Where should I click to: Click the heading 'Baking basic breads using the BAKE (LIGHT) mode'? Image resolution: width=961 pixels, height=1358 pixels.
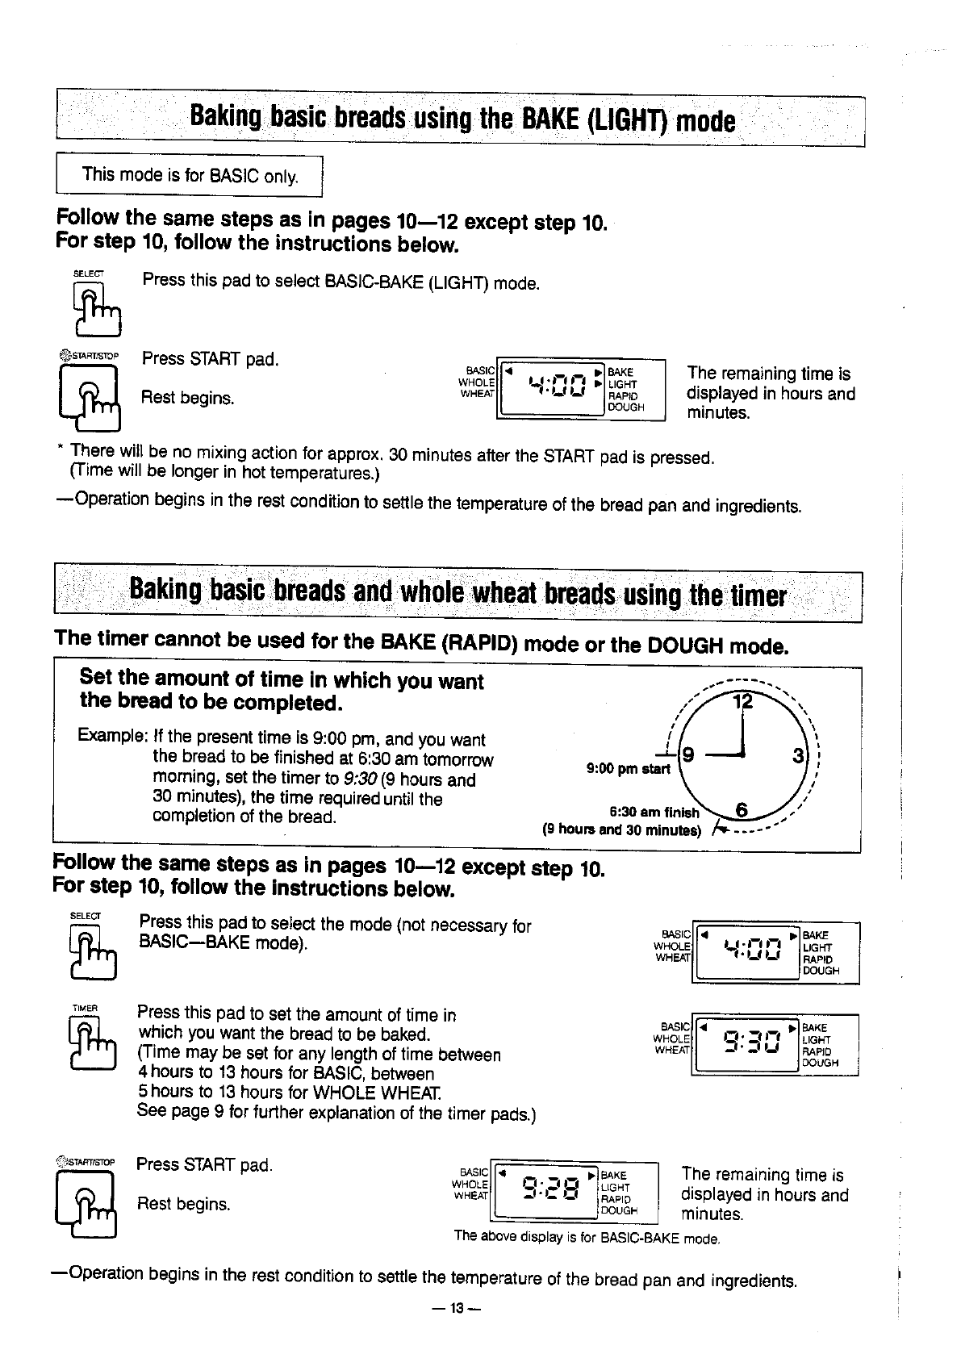tap(462, 121)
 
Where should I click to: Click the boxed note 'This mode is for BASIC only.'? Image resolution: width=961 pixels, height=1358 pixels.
tap(190, 175)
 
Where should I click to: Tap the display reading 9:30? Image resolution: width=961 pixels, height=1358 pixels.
tap(750, 1043)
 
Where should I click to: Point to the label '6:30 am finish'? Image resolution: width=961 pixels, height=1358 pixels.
tap(654, 813)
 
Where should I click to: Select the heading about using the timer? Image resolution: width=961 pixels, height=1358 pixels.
tap(458, 595)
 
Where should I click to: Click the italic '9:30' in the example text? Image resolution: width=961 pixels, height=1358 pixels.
tap(361, 780)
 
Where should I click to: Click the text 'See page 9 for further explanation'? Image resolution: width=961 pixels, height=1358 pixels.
tap(336, 1112)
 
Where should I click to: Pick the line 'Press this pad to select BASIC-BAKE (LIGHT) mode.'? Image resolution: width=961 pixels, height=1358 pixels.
tap(341, 282)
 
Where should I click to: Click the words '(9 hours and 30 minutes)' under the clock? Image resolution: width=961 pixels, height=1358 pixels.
tap(622, 829)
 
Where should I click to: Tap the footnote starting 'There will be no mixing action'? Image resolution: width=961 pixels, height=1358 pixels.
tap(392, 457)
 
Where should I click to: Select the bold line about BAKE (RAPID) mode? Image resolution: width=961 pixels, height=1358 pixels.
tap(420, 644)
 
